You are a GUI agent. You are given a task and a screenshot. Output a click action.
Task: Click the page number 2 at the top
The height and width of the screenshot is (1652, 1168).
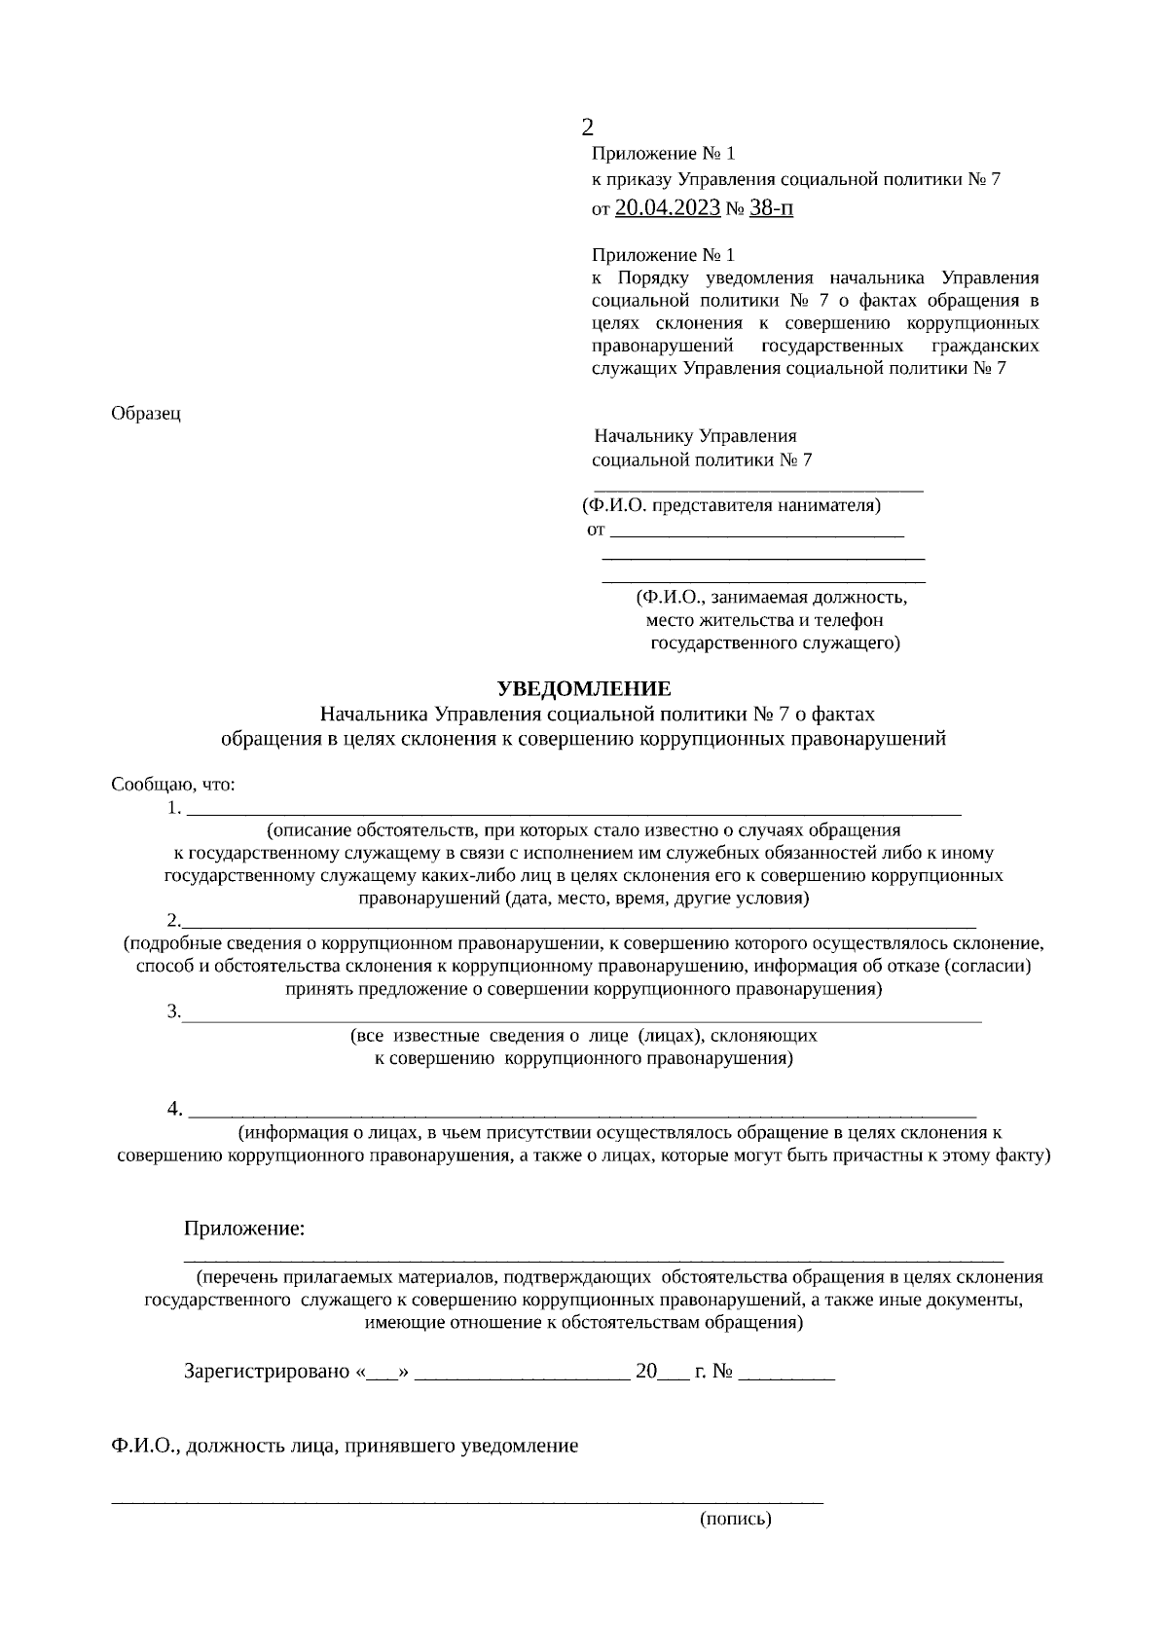(x=587, y=127)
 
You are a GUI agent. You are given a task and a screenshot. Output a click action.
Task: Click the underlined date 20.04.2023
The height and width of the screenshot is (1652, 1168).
(x=668, y=207)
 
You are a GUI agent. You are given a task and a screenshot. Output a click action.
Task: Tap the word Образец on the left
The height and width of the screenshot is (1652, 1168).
(x=146, y=413)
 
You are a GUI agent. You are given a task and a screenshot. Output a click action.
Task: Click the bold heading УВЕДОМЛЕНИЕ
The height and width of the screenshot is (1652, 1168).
(x=584, y=689)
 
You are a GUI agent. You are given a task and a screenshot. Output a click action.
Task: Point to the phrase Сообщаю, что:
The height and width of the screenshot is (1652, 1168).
(x=173, y=784)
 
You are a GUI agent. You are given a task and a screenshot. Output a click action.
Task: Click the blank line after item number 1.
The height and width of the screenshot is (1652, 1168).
(x=574, y=810)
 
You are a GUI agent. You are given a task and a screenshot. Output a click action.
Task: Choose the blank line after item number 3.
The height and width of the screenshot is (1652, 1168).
(x=582, y=1016)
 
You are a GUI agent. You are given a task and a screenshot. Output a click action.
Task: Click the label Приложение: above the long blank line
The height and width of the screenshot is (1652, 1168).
(x=244, y=1229)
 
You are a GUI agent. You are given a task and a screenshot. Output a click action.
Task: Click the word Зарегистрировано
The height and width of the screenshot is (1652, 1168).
(x=267, y=1372)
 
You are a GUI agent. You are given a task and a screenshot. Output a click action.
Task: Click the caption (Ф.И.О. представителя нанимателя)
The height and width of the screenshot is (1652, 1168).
(x=731, y=505)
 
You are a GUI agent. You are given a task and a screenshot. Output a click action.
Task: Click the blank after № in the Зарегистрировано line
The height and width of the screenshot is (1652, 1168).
(x=786, y=1375)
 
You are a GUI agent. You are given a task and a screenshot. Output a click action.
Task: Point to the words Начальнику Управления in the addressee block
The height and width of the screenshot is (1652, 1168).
(x=695, y=436)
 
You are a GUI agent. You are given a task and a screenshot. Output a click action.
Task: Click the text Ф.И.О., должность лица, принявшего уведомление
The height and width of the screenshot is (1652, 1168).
(x=345, y=1446)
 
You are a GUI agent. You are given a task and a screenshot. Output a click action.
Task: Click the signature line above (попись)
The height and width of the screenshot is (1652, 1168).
(x=467, y=1500)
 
